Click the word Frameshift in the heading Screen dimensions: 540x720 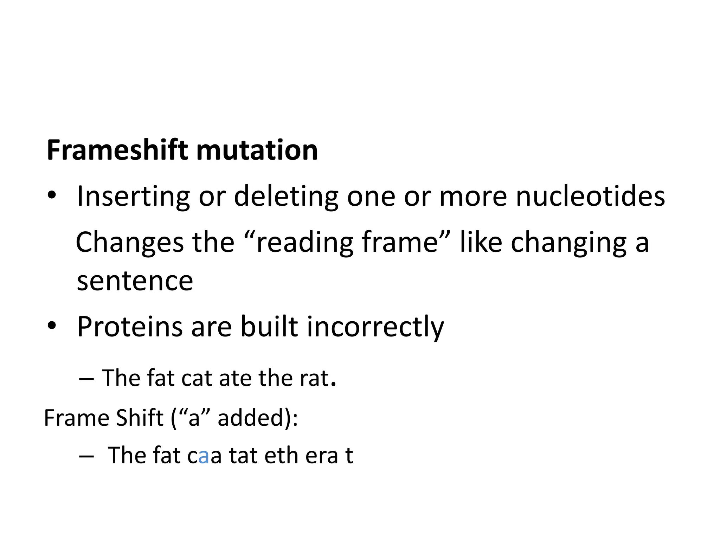click(x=118, y=150)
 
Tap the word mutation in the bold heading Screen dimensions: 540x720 click(x=257, y=150)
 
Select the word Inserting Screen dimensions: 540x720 click(x=133, y=196)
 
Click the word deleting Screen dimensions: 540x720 click(x=286, y=196)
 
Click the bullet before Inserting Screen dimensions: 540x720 click(x=52, y=195)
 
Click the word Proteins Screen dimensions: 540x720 click(x=130, y=327)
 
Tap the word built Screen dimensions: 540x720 click(x=269, y=327)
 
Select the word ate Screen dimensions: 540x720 click(x=235, y=378)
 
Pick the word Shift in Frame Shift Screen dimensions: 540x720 click(x=140, y=418)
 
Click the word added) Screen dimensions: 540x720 click(x=258, y=418)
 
